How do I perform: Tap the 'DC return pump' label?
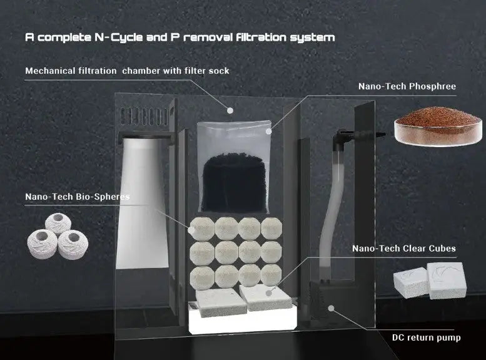(x=426, y=337)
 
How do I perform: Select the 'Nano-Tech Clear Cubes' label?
(x=404, y=249)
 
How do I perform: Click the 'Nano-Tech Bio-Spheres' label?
(x=78, y=197)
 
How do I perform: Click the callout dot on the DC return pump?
(x=332, y=308)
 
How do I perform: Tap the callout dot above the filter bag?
(x=230, y=110)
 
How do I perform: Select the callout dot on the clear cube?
(x=269, y=292)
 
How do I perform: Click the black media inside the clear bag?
(x=234, y=182)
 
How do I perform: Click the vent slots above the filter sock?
(x=144, y=116)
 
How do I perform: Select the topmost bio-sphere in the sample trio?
(x=58, y=222)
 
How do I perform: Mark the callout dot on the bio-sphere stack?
(x=191, y=230)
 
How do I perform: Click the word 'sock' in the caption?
(x=219, y=71)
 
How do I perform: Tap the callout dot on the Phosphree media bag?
(x=269, y=131)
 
